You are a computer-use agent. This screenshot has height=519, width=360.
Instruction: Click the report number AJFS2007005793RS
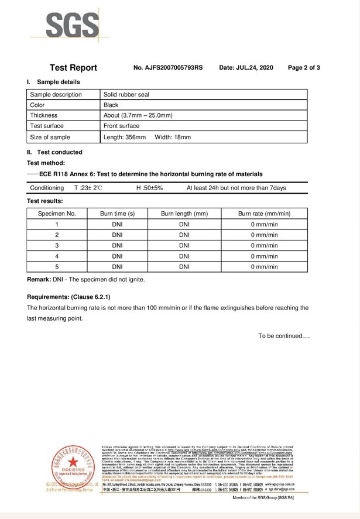168,68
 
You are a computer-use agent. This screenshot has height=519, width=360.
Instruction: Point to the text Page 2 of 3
304,68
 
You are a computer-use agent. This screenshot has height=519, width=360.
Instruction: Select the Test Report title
73,68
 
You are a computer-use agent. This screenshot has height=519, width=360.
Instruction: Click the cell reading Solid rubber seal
126,95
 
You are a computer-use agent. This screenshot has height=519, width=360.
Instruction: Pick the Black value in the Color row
111,105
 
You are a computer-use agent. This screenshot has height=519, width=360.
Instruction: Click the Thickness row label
44,116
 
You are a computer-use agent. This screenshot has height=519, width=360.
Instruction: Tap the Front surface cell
121,126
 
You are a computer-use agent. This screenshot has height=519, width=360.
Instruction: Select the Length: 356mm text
124,138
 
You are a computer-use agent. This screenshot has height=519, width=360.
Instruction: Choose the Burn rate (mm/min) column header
264,214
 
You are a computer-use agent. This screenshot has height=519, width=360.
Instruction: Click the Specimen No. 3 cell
57,246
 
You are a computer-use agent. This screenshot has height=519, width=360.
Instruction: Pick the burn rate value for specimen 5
264,267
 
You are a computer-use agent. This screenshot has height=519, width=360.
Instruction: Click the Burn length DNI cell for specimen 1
184,224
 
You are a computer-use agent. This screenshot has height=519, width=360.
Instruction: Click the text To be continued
284,336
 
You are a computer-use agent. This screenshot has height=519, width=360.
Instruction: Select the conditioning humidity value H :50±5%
149,188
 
